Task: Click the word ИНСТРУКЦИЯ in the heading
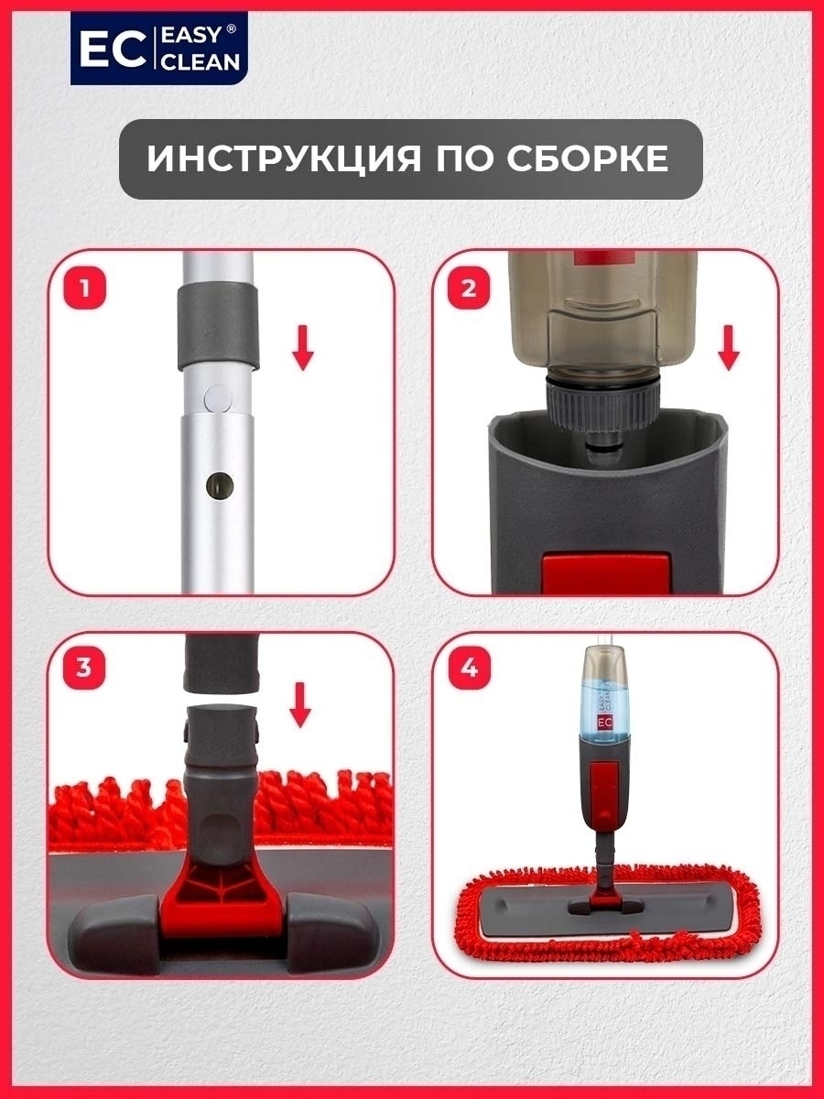coord(284,159)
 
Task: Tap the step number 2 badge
coord(468,288)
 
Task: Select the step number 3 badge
coord(84,668)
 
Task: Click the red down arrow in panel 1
coord(303,347)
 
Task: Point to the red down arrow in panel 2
coord(729,347)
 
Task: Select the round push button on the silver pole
coord(218,398)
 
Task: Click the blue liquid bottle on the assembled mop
coord(604,706)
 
